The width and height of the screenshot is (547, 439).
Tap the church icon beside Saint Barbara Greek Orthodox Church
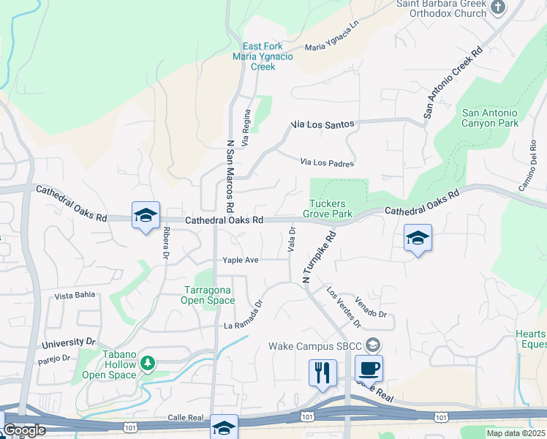coord(498,8)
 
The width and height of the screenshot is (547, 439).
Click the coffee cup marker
coord(369,368)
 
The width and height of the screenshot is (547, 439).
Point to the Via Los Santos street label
coord(322,125)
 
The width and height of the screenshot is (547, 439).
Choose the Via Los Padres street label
coord(328,162)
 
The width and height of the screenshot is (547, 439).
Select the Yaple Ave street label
coord(241,260)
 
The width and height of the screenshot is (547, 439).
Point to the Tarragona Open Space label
coord(208,295)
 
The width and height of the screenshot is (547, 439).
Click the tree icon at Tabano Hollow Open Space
coord(148,363)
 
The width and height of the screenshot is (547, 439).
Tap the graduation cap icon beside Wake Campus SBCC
coord(373,345)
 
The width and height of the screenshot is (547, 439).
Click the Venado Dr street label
coord(370,308)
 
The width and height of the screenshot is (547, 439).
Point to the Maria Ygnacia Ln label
coord(333,36)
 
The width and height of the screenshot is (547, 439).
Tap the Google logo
coord(23,430)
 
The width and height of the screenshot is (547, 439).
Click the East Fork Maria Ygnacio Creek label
coord(253,56)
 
